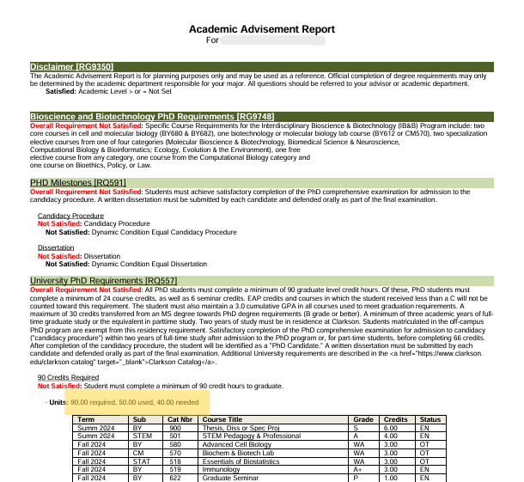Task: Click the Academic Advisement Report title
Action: coord(262,29)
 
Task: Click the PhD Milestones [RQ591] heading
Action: coord(78,183)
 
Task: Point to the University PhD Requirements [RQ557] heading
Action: coord(103,281)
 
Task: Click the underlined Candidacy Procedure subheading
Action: coord(70,216)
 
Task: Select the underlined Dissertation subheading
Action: coord(56,247)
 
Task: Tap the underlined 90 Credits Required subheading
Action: coord(68,377)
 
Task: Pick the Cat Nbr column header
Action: coord(181,419)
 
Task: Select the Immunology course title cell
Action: coord(221,470)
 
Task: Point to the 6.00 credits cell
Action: coord(390,428)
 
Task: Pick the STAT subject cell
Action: coord(141,461)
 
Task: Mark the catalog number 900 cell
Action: coord(175,428)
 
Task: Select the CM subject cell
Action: coord(138,453)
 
